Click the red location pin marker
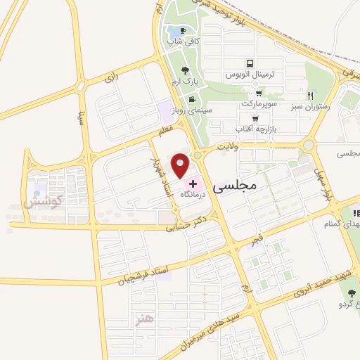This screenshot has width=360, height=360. coord(181,166)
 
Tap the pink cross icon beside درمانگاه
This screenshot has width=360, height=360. coord(193,183)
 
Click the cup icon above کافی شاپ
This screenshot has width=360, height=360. coord(183,31)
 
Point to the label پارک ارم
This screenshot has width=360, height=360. coord(184,82)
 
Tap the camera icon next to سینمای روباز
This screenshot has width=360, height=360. coord(193,99)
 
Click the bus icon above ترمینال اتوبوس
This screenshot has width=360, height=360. coord(249,62)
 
